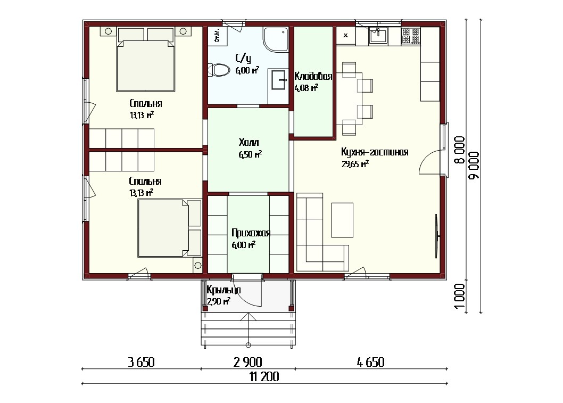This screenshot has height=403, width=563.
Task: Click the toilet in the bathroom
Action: click(219, 70)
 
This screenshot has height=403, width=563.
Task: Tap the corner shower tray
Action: click(276, 39)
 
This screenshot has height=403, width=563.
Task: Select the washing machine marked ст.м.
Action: click(217, 36)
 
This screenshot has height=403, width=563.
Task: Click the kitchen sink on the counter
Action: click(378, 35)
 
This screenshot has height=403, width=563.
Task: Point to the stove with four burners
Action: click(411, 36)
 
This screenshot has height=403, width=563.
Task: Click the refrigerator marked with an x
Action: click(346, 36)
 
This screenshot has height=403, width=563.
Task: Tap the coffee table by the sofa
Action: click(342, 220)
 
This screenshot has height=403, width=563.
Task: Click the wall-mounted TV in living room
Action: click(437, 236)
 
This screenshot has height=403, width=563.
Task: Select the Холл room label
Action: click(249, 143)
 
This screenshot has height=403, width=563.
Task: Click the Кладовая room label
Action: click(313, 76)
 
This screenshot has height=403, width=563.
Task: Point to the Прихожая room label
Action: click(251, 233)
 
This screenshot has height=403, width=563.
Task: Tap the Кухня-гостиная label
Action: click(375, 152)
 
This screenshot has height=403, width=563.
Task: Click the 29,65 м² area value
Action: click(355, 165)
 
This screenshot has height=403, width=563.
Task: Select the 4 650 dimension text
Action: click(370, 362)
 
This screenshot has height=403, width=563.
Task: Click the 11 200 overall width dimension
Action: click(264, 377)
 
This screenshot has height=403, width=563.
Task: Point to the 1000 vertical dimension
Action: click(460, 297)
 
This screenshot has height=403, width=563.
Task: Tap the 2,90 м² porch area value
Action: click(219, 301)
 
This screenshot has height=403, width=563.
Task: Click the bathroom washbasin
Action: click(278, 80)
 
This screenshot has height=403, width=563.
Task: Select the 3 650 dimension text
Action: click(141, 362)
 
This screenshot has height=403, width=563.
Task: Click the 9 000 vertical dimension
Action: click(474, 165)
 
